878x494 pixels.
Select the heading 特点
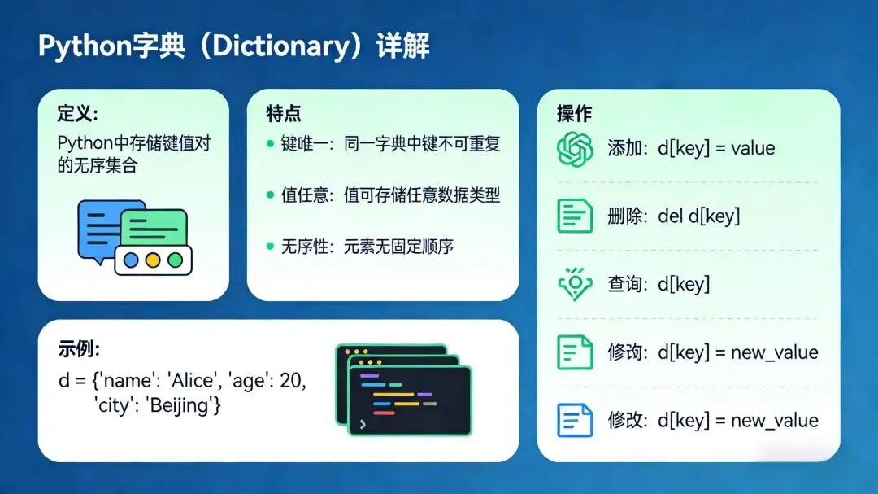point(284,114)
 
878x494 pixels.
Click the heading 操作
point(574,114)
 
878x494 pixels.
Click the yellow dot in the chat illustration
point(153,260)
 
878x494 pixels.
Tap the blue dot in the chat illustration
point(131,260)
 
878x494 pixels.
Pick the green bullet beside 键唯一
point(271,144)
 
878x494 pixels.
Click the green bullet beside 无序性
point(271,246)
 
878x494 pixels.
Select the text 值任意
point(304,195)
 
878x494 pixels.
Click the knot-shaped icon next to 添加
point(575,149)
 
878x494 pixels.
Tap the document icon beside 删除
point(575,216)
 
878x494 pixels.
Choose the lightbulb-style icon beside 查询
point(575,284)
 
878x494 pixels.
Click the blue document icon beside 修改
point(575,420)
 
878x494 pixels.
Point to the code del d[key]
point(699,216)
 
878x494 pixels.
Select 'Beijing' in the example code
point(183,404)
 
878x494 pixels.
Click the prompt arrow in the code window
point(363,425)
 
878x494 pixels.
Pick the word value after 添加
point(753,149)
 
